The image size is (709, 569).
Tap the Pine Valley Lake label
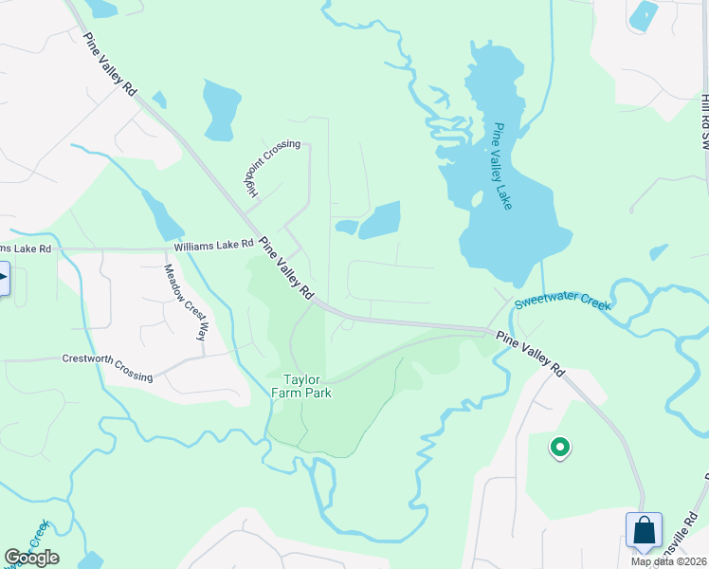coord(502,166)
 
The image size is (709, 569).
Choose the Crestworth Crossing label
coord(107,368)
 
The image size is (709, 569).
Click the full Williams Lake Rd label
coord(213,246)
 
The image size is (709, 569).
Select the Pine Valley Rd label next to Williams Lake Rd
coord(286,268)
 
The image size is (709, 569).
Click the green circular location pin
coord(560,446)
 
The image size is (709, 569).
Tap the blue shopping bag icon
coord(644,529)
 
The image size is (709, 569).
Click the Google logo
coord(31,558)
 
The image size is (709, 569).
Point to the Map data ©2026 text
coord(668,561)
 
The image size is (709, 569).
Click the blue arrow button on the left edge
coord(3,278)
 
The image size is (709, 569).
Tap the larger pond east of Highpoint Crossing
coord(380,220)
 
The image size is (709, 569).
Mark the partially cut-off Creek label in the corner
coord(38,539)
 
